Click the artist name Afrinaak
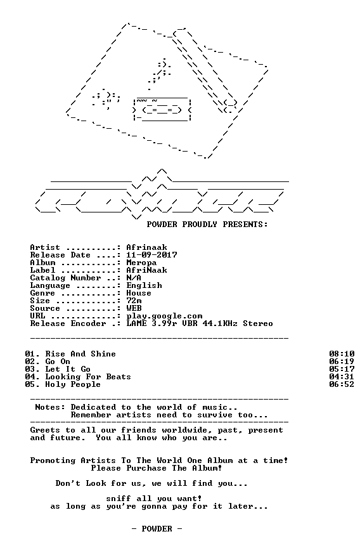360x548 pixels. (146, 247)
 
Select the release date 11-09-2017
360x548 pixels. (151, 255)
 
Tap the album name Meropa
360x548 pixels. (141, 263)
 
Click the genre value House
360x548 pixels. (139, 293)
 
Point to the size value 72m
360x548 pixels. (134, 301)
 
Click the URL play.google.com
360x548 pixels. (164, 316)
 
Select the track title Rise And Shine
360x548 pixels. (80, 354)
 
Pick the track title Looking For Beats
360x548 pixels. (88, 377)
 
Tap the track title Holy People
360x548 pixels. (73, 384)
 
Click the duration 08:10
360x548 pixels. (342, 354)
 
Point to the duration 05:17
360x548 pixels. (342, 369)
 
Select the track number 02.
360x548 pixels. (30, 362)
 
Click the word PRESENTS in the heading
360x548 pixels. (245, 225)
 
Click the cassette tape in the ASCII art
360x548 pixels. (162, 110)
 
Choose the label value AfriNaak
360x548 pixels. (146, 270)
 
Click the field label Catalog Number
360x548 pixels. (66, 278)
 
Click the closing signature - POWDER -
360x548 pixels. (157, 529)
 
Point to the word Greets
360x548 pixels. (46, 430)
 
